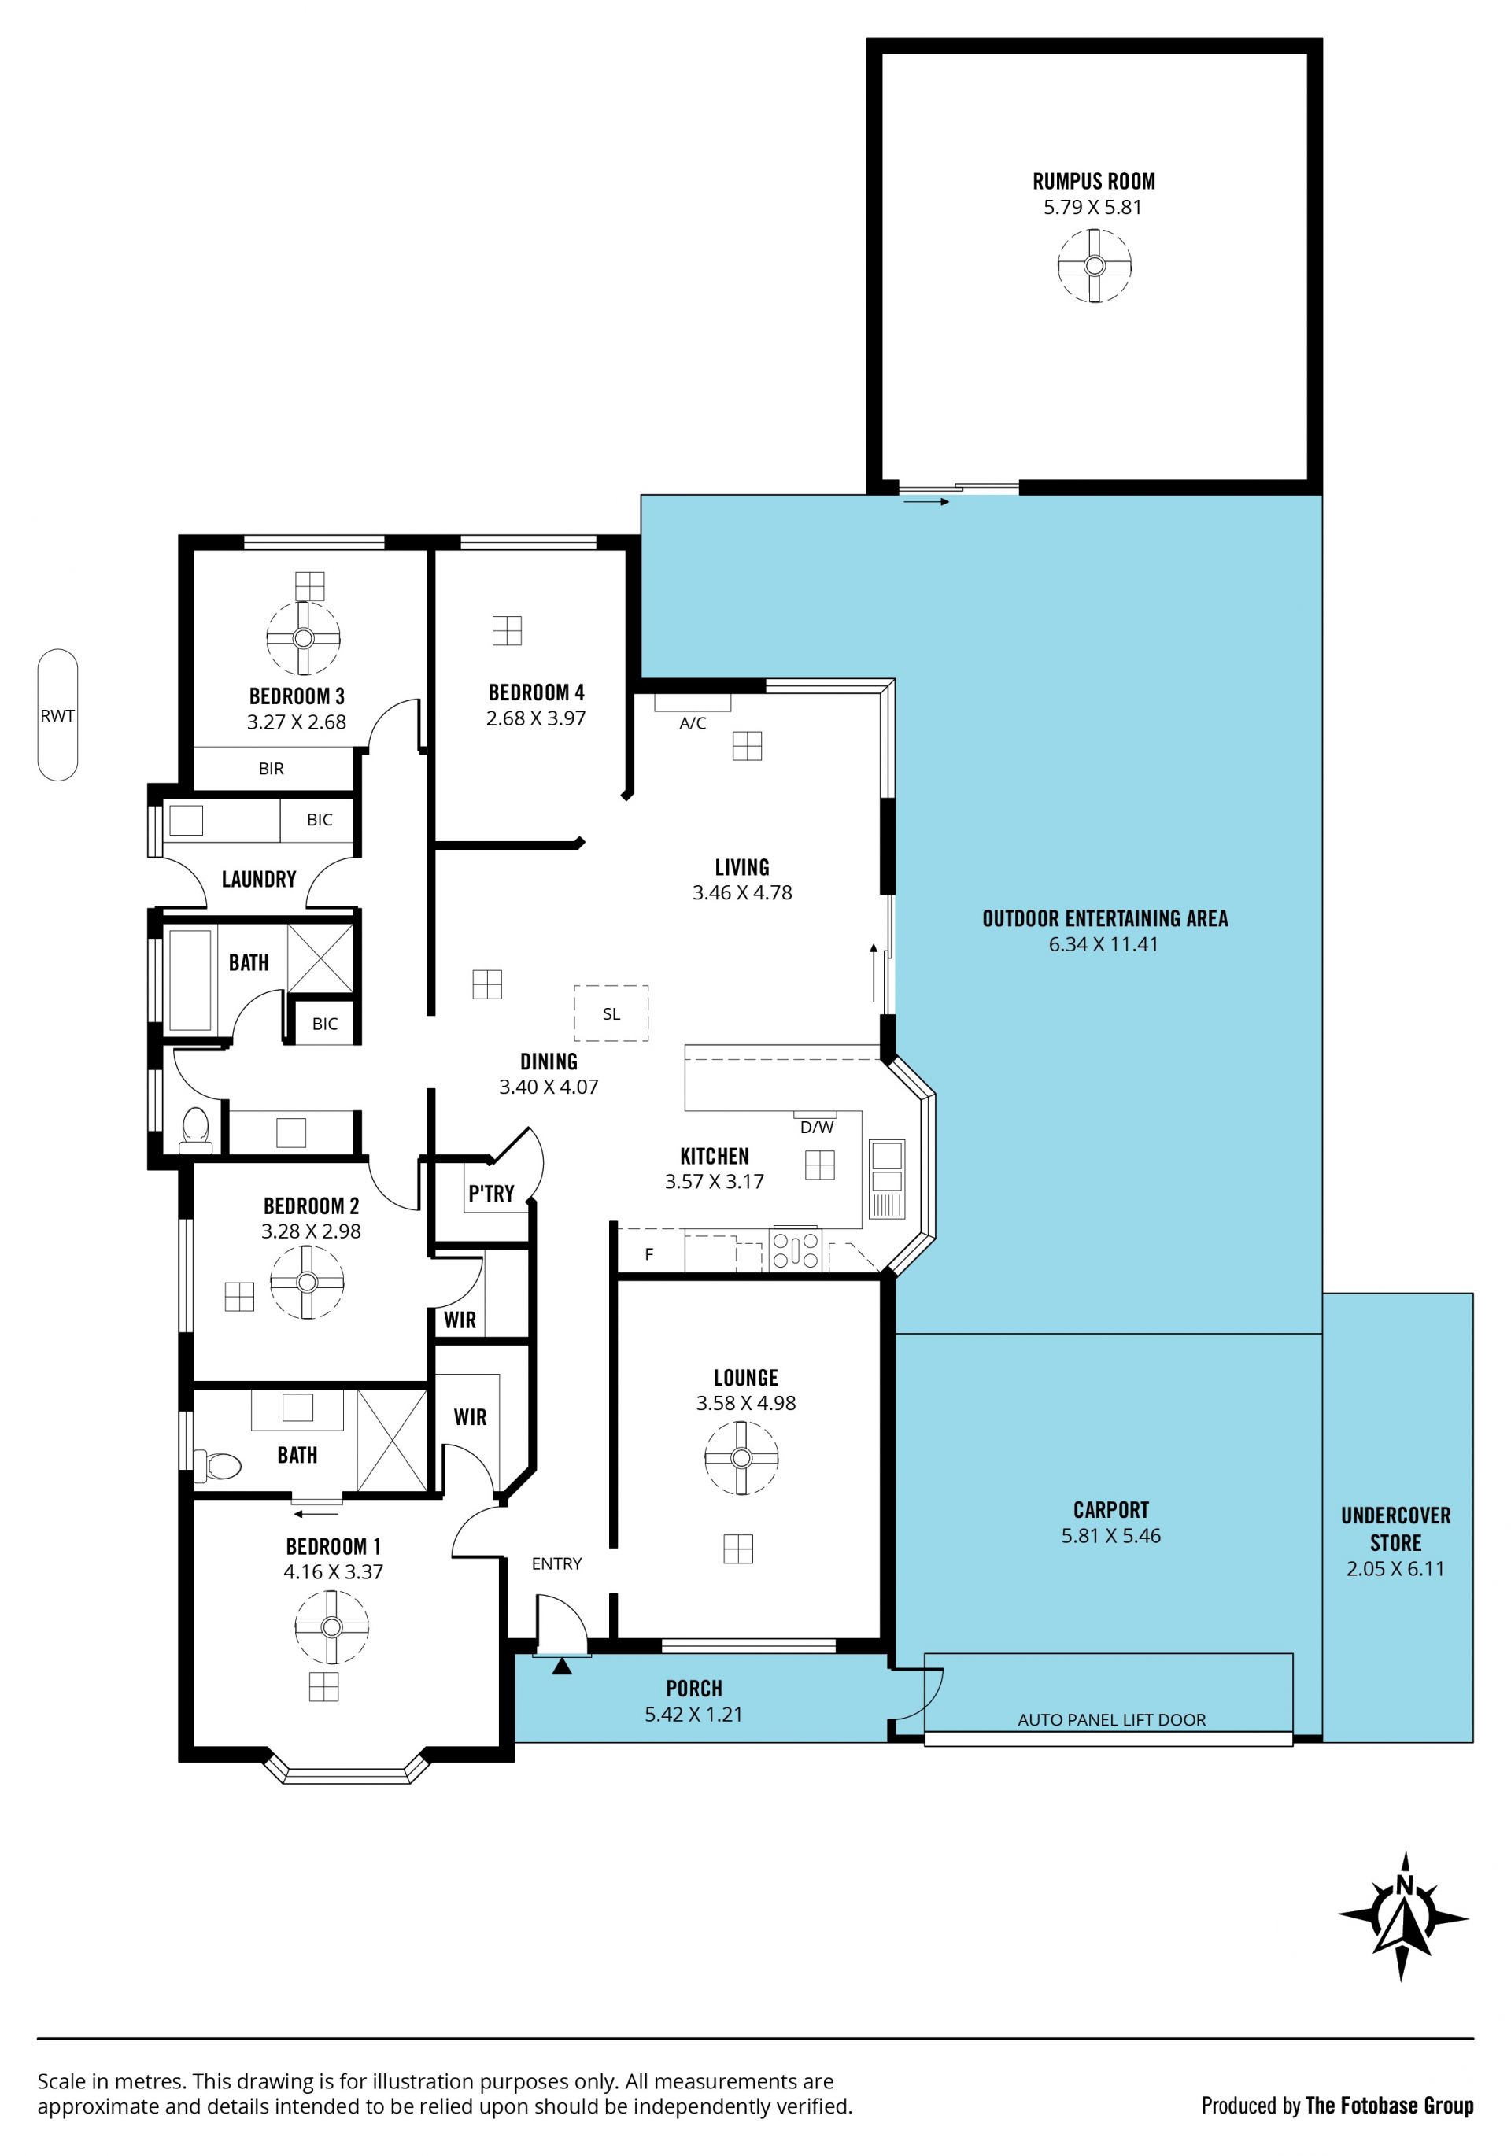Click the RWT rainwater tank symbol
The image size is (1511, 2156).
[x=57, y=714]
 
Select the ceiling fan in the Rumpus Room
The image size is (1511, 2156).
[x=1094, y=266]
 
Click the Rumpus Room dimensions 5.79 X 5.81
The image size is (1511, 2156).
[x=1093, y=208]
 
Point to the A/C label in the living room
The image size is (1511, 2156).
[x=693, y=723]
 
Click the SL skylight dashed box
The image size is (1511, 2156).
[x=611, y=1013]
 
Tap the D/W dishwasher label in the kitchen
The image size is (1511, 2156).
[x=817, y=1127]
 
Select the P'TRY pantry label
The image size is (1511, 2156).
[x=491, y=1194]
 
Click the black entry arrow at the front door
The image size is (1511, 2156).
[x=562, y=1667]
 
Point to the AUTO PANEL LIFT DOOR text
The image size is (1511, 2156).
[x=1112, y=1719]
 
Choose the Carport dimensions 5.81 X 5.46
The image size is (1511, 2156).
[x=1111, y=1536]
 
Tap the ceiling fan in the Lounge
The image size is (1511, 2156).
[x=741, y=1457]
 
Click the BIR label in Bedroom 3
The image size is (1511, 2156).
[x=272, y=768]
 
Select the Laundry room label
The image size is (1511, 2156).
[x=259, y=879]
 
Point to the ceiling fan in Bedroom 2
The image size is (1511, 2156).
[x=307, y=1282]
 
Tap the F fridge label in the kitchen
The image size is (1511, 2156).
[x=649, y=1254]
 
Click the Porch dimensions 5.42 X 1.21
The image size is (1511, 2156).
[x=693, y=1715]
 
